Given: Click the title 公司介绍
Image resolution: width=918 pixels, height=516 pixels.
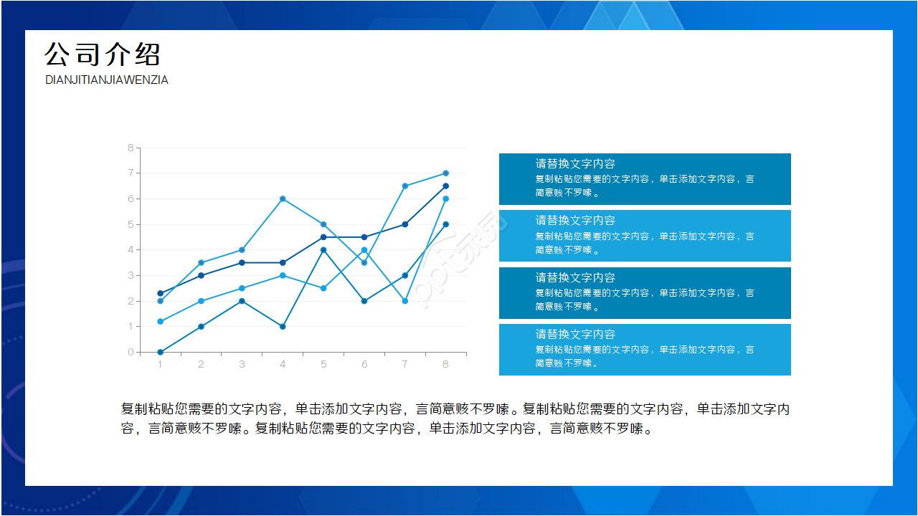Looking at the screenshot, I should tap(103, 54).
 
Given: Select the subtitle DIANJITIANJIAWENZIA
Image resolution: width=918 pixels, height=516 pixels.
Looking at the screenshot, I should tap(107, 80).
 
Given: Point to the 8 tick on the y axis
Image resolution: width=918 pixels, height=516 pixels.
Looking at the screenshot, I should tap(131, 148).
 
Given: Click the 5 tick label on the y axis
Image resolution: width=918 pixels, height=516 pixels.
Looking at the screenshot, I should tap(131, 224).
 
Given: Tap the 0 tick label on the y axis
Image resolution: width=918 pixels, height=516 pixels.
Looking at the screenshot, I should tap(131, 352).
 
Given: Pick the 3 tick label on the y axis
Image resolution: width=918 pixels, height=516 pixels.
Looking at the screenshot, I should tap(131, 275).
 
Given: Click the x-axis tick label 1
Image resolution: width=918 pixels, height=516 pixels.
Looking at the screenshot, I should tap(160, 364).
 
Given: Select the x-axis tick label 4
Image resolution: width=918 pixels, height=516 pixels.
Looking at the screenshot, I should tap(283, 364).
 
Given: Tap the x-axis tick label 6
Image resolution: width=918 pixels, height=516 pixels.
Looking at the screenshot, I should tap(364, 364).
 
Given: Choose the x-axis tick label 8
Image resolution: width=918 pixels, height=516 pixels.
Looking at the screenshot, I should tap(445, 364).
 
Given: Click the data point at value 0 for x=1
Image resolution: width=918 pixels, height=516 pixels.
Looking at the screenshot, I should tap(160, 352).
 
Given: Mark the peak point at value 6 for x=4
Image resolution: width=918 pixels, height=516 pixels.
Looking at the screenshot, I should tap(283, 199).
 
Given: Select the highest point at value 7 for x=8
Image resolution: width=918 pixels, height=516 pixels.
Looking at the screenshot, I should tap(445, 173).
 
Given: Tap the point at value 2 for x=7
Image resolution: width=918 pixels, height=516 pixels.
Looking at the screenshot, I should tap(405, 301).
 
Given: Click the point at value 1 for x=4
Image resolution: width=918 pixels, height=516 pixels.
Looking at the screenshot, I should tap(283, 326).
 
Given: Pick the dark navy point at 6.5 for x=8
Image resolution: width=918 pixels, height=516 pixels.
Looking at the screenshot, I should tap(445, 186).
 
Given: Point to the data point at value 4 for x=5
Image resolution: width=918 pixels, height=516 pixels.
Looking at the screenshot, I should tap(323, 250).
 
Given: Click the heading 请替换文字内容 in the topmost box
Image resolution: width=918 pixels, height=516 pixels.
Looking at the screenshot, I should tap(575, 164).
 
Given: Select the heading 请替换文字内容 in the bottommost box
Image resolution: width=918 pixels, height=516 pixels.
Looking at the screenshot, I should tap(575, 334).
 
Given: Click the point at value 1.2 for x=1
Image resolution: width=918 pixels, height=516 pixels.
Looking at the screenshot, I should tap(160, 321).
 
